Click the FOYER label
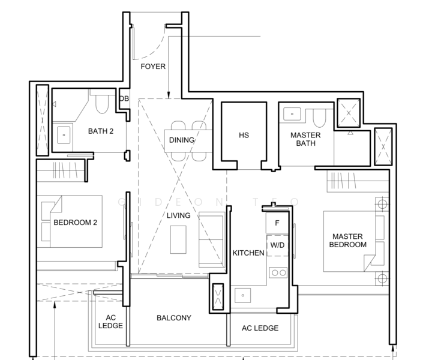coord(153,67)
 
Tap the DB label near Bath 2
coord(124,98)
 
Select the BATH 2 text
coord(101,131)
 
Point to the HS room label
coord(244,135)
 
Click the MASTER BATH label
coord(305,139)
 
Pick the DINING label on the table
coord(182,140)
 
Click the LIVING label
coord(179,215)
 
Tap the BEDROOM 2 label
coord(75,223)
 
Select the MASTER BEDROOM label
coord(348,241)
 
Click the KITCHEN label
coord(248,253)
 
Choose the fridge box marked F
coord(277,223)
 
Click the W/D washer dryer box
coord(278,245)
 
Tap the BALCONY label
coord(174,318)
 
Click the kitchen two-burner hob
coord(278,272)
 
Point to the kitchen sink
coord(242,295)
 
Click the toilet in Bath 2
coord(102,103)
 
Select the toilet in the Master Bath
coord(319,118)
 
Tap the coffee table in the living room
coord(178,239)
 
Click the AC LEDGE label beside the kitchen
coord(260,328)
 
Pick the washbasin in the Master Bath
coord(292,114)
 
